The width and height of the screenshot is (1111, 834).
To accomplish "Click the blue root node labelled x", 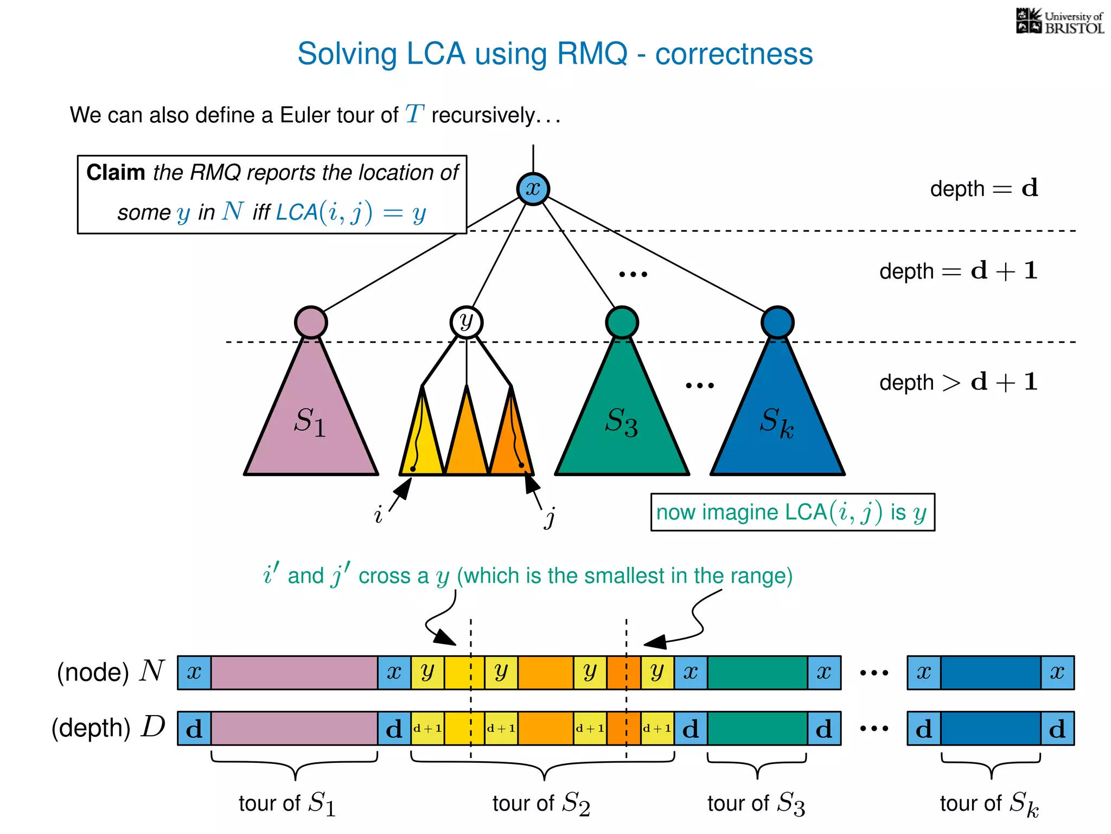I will coord(533,189).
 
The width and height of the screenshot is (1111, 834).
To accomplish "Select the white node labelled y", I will coord(466,322).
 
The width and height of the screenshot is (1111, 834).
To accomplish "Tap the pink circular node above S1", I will coord(311,322).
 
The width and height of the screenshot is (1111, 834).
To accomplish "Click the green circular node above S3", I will coord(622,322).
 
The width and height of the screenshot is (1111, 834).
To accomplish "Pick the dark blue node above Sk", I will coord(777,322).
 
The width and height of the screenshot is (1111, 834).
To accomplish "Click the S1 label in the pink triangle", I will coord(310,422).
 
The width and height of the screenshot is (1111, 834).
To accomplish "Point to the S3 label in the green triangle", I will coord(621,422).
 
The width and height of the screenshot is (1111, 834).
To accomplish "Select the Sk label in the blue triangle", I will coord(776,422).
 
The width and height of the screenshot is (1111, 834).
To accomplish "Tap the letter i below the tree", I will coord(378,514).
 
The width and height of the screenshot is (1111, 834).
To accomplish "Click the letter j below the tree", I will coord(550,517).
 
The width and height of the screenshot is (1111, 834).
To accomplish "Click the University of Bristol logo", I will coord(1059,22).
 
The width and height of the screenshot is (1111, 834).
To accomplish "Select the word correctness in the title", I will coord(733,54).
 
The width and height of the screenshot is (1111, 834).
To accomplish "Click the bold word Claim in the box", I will coord(116,173).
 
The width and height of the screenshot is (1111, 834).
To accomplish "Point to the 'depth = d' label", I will coord(984,188).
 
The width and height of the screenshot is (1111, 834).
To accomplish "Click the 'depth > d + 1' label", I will coord(958,382).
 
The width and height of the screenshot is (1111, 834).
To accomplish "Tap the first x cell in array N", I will coord(194,673).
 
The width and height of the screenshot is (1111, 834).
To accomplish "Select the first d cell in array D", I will coord(194,729).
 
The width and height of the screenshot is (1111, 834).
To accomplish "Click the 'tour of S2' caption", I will coord(541,803).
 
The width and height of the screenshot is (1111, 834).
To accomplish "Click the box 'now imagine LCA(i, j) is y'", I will coord(792,512).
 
